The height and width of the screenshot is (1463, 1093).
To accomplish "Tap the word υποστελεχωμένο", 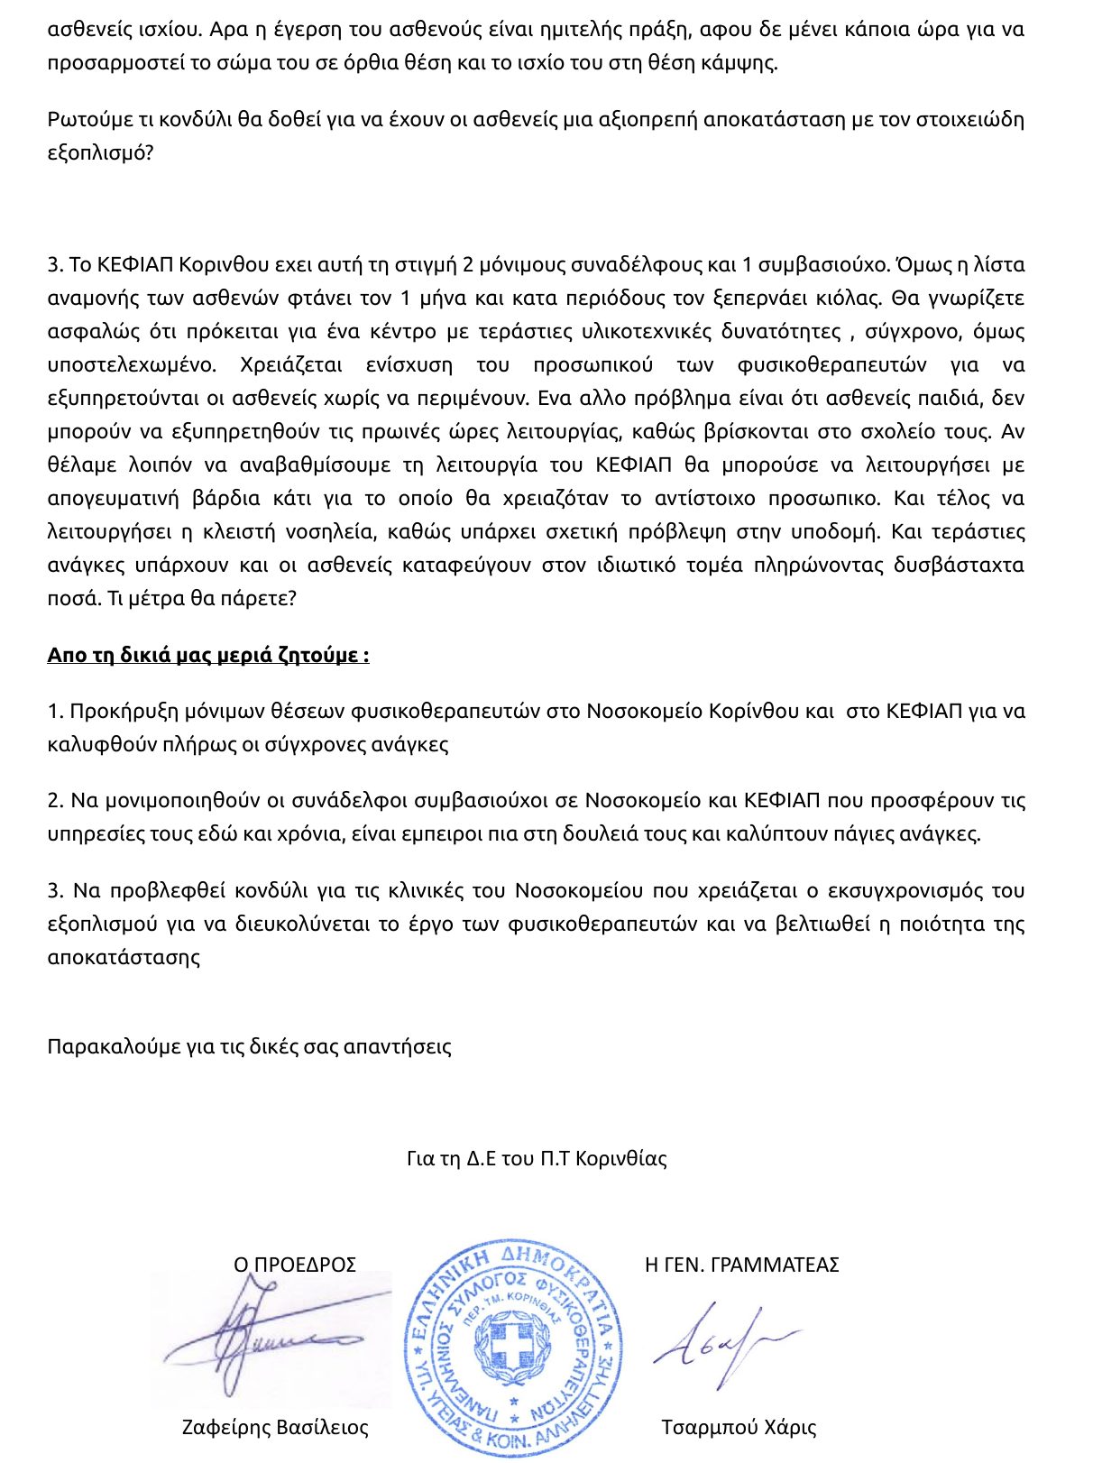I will point(132,365).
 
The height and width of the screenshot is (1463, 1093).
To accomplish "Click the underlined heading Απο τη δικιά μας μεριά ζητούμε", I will point(207,656).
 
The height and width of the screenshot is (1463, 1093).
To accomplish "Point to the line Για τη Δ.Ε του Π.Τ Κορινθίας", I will point(537,1159).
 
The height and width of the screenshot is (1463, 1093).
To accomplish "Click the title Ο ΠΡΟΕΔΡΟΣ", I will point(295,1265).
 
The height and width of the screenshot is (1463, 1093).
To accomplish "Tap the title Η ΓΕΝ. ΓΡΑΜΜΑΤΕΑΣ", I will point(741,1265).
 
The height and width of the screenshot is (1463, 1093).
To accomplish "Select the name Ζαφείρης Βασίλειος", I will point(275,1428).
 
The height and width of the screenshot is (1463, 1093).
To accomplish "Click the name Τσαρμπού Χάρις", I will point(739,1428).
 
